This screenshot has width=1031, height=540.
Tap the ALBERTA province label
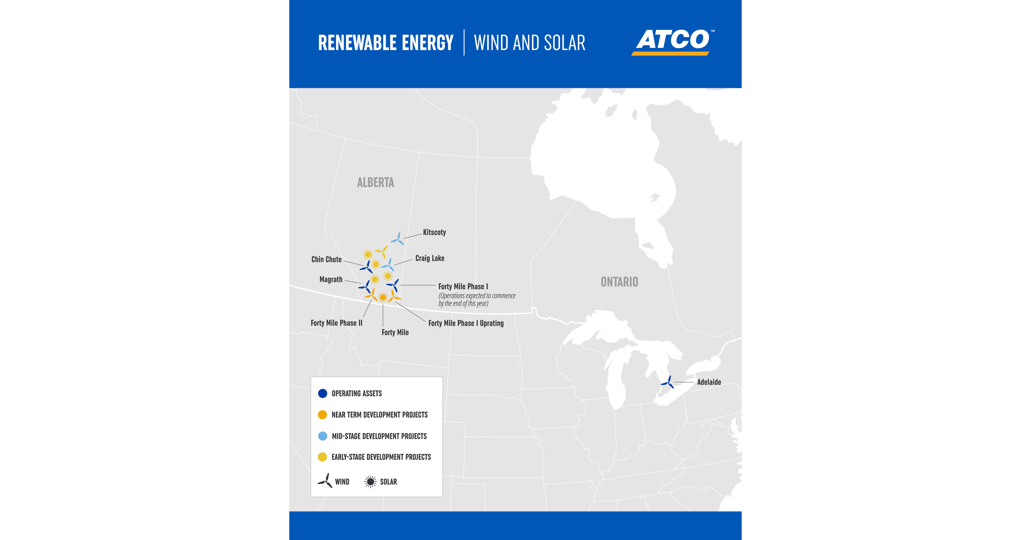pos(375,183)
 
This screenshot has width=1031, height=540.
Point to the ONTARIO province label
pos(619,282)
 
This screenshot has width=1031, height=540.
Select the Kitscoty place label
pos(434,232)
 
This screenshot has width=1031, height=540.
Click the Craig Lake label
pos(429,258)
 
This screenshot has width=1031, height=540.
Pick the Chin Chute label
pos(326,259)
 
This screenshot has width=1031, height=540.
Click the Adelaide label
pos(709,382)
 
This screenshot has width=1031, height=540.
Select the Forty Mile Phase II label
pos(336,323)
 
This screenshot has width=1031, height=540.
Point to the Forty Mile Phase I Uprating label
pos(466,323)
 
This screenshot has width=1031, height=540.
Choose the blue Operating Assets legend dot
pos(323,393)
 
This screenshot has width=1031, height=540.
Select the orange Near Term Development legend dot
pos(323,415)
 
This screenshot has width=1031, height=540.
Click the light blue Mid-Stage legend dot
pos(323,436)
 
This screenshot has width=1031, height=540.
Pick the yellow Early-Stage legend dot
pos(323,457)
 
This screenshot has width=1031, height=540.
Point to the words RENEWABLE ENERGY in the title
pos(385,43)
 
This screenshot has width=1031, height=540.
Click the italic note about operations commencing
pos(477,299)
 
